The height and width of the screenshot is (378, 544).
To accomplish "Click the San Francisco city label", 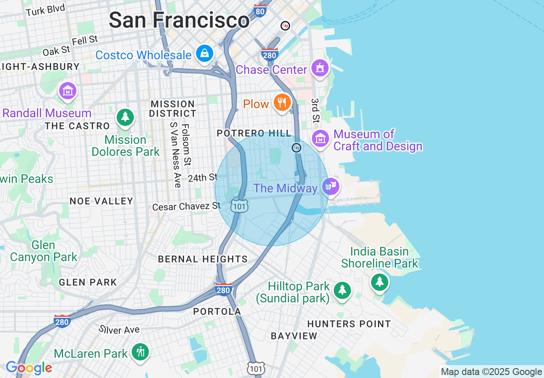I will coord(179,20).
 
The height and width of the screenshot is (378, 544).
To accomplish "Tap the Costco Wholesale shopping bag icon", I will coord(205,53).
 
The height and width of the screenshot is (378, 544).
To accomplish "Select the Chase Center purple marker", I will coord(320,68).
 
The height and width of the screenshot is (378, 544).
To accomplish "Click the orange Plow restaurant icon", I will coord(282,103).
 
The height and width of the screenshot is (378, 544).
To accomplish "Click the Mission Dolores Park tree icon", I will coord(125,116).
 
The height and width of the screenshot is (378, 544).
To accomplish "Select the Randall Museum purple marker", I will coord(68,91).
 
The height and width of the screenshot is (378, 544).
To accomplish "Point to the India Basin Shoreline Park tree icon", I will coord(379,282).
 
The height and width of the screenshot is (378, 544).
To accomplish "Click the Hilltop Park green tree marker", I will coord(342,290).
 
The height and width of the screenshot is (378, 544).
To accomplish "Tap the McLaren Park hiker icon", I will coord(140,351).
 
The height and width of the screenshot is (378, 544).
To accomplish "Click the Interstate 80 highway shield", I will coord(260,11).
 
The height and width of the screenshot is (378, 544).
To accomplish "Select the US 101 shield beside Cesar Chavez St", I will coord(239,206).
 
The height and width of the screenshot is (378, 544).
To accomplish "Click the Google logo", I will coord(29,368).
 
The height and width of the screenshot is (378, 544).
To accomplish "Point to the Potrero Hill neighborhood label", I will coord(254,134).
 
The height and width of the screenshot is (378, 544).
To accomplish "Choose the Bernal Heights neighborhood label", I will coord(202,259).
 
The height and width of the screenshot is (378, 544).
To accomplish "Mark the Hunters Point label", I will coord(349,324).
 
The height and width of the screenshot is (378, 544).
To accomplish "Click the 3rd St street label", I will coord(316,110).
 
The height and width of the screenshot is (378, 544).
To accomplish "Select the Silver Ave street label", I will coord(119,329).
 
